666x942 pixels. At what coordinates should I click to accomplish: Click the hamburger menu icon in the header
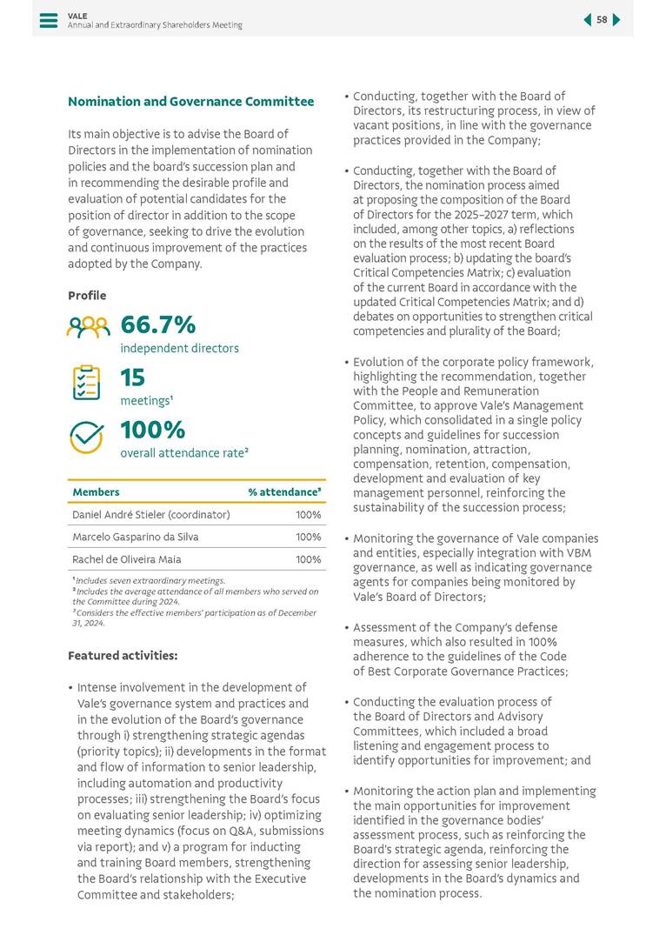point(49,20)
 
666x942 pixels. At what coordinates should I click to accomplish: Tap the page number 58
point(602,20)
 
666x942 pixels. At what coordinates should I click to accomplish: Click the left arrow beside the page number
point(587,20)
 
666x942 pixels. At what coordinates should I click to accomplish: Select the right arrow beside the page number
point(616,20)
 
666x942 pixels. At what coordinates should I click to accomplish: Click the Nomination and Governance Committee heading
point(190,102)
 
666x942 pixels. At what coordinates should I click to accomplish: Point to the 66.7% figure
point(157,324)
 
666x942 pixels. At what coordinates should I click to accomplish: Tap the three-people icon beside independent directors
point(88,327)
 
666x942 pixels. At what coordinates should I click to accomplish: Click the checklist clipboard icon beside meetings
point(86,383)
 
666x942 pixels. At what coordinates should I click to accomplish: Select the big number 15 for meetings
point(132,377)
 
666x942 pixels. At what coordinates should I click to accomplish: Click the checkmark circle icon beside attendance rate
point(86,437)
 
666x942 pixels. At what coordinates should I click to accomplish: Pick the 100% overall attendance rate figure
point(152,430)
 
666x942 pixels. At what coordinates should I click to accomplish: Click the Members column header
point(96,492)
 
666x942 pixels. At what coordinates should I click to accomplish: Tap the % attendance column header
point(284,492)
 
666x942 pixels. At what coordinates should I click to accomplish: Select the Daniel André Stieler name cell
point(150,515)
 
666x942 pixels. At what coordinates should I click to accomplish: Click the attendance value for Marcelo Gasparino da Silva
point(308,538)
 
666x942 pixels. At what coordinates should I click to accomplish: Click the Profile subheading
point(87,296)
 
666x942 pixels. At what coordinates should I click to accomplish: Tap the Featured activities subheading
point(123,655)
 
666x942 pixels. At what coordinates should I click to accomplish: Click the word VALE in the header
point(77,15)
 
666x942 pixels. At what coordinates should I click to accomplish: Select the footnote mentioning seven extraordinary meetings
point(149,580)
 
